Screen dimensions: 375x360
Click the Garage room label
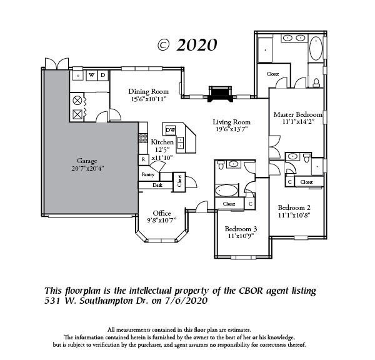(x=87, y=161)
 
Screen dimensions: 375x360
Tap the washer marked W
(x=92, y=75)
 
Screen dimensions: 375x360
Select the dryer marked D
(x=103, y=75)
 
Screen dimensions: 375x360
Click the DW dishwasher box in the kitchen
(x=171, y=130)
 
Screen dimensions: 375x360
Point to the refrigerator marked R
(x=144, y=159)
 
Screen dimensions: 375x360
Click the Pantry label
(x=148, y=174)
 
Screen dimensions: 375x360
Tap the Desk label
(x=157, y=185)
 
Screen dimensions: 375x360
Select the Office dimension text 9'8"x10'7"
(x=161, y=220)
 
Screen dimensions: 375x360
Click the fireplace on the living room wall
(x=220, y=94)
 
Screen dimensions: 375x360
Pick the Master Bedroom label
(x=297, y=114)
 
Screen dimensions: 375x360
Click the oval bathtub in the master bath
(x=316, y=49)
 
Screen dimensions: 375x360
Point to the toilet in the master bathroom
(x=316, y=82)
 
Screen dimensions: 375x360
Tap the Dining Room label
(x=149, y=91)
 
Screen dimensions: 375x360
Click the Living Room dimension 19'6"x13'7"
(x=231, y=129)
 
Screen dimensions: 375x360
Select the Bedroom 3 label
(x=241, y=229)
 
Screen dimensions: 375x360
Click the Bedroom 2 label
(x=294, y=207)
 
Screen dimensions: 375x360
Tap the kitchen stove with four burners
(x=143, y=138)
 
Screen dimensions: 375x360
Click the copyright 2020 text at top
(x=187, y=45)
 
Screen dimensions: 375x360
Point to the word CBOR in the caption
(x=251, y=291)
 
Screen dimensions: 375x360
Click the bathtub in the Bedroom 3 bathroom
(x=226, y=191)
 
